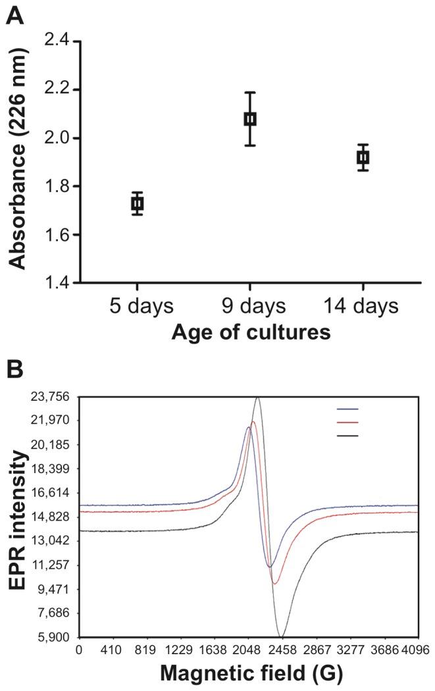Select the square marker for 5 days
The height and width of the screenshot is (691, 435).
point(137,203)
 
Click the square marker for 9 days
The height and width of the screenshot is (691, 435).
point(250,119)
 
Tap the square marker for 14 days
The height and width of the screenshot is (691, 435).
point(363,157)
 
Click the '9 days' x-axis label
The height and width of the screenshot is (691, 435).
point(250,307)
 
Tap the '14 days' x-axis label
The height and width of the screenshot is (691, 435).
point(363,307)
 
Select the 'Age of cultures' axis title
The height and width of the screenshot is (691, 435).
point(250,332)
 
